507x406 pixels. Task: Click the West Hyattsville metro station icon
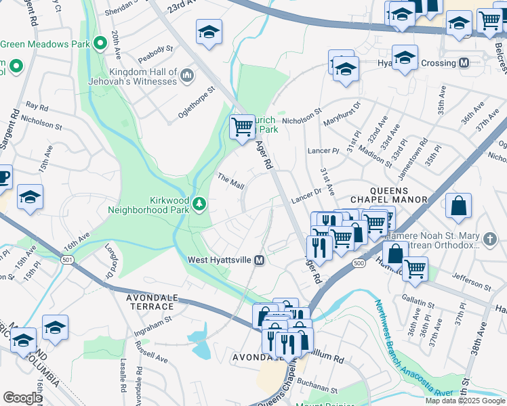(259, 261)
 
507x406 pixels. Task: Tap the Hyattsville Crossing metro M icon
(464, 63)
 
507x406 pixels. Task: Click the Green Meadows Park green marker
(100, 45)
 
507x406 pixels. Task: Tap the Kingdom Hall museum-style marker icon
(186, 74)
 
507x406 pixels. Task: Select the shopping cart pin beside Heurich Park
(242, 127)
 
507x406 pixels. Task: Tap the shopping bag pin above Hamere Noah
(459, 206)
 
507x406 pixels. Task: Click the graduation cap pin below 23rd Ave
(209, 31)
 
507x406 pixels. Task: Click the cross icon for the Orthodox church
(491, 239)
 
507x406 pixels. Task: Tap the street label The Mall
(230, 181)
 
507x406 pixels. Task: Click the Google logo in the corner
(22, 398)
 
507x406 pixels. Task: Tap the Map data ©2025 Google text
(465, 401)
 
